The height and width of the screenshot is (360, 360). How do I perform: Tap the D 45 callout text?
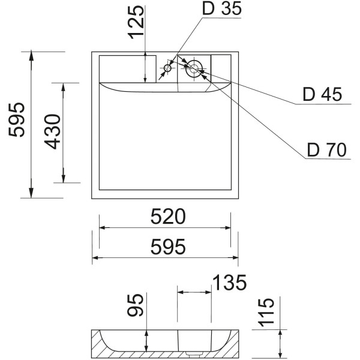point(322,95)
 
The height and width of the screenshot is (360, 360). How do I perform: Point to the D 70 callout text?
point(326,149)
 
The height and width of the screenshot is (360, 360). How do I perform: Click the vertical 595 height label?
point(16,119)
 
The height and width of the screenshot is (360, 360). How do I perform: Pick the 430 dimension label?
point(53,132)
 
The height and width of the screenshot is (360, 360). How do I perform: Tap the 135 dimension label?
point(229,282)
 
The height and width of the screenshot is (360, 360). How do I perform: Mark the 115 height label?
point(265,312)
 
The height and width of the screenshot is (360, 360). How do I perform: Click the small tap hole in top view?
point(167,69)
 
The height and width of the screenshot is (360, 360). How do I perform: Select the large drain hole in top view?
point(194,68)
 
